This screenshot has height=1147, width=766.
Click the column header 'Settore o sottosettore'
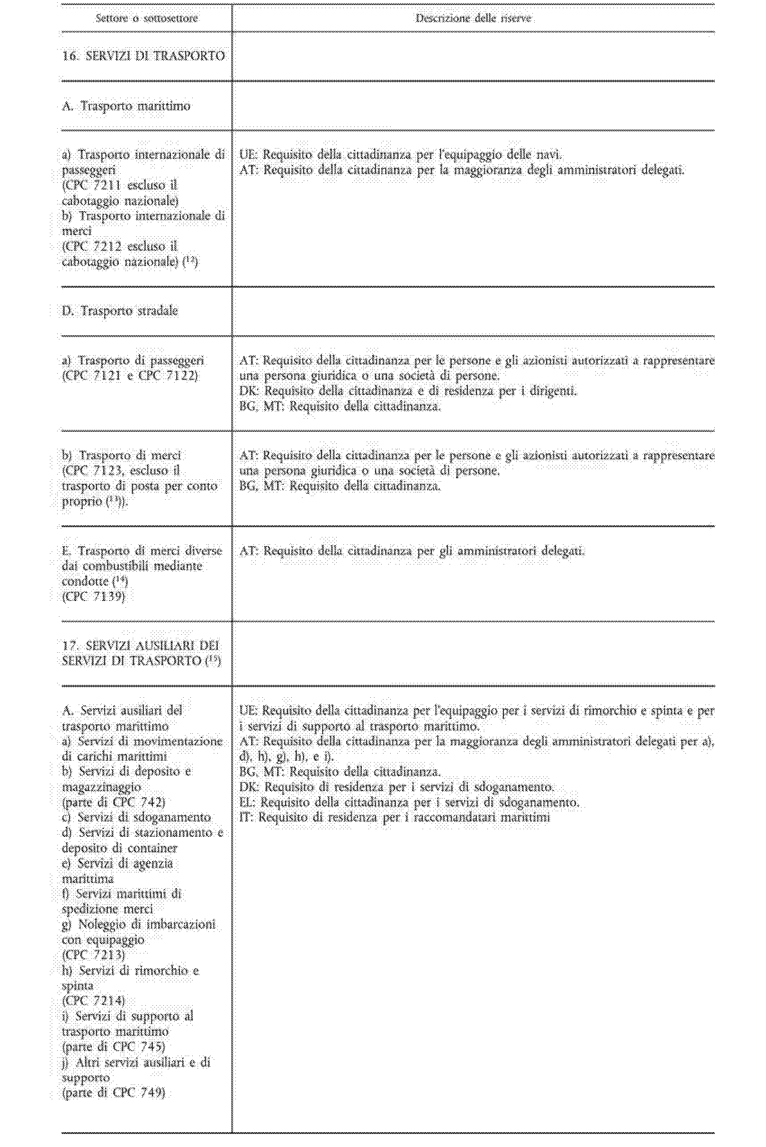tap(147, 19)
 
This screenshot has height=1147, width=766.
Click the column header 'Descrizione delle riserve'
tap(473, 19)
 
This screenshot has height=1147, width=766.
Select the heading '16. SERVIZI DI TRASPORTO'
tap(144, 56)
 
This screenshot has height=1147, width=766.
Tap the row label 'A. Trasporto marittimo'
tap(126, 106)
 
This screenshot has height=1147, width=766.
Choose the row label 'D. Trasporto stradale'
tap(120, 311)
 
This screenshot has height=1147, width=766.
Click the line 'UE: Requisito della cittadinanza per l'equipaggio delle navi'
tap(401, 155)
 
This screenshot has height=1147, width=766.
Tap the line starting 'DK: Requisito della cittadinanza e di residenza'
tap(408, 391)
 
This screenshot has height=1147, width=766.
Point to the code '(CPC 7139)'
tap(94, 596)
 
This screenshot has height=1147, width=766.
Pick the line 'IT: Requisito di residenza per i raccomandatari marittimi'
tap(395, 817)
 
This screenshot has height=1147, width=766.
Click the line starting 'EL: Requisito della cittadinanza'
tap(409, 802)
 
